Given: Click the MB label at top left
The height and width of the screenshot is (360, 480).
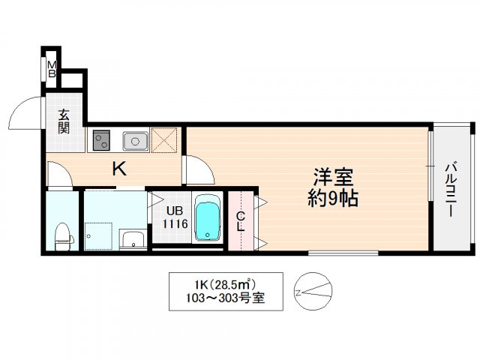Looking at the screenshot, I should [52, 69].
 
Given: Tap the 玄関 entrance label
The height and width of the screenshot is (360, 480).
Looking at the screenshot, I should [63, 122].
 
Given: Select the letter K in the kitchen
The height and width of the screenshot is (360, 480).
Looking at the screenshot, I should [118, 169].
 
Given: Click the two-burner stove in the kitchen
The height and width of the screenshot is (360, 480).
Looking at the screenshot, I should [101, 139].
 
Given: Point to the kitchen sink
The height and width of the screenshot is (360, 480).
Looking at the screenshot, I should [135, 139].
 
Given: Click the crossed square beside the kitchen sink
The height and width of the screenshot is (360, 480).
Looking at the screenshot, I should [163, 139].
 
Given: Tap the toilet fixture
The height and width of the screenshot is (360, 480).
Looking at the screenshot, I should [63, 235].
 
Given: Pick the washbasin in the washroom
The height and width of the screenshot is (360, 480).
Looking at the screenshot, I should [132, 241].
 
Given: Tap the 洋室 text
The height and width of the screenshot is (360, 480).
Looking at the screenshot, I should [334, 179].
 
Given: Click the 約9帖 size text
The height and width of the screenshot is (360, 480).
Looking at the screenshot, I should [334, 199].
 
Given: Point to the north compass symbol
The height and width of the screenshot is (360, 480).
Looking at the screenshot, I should [311, 291].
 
